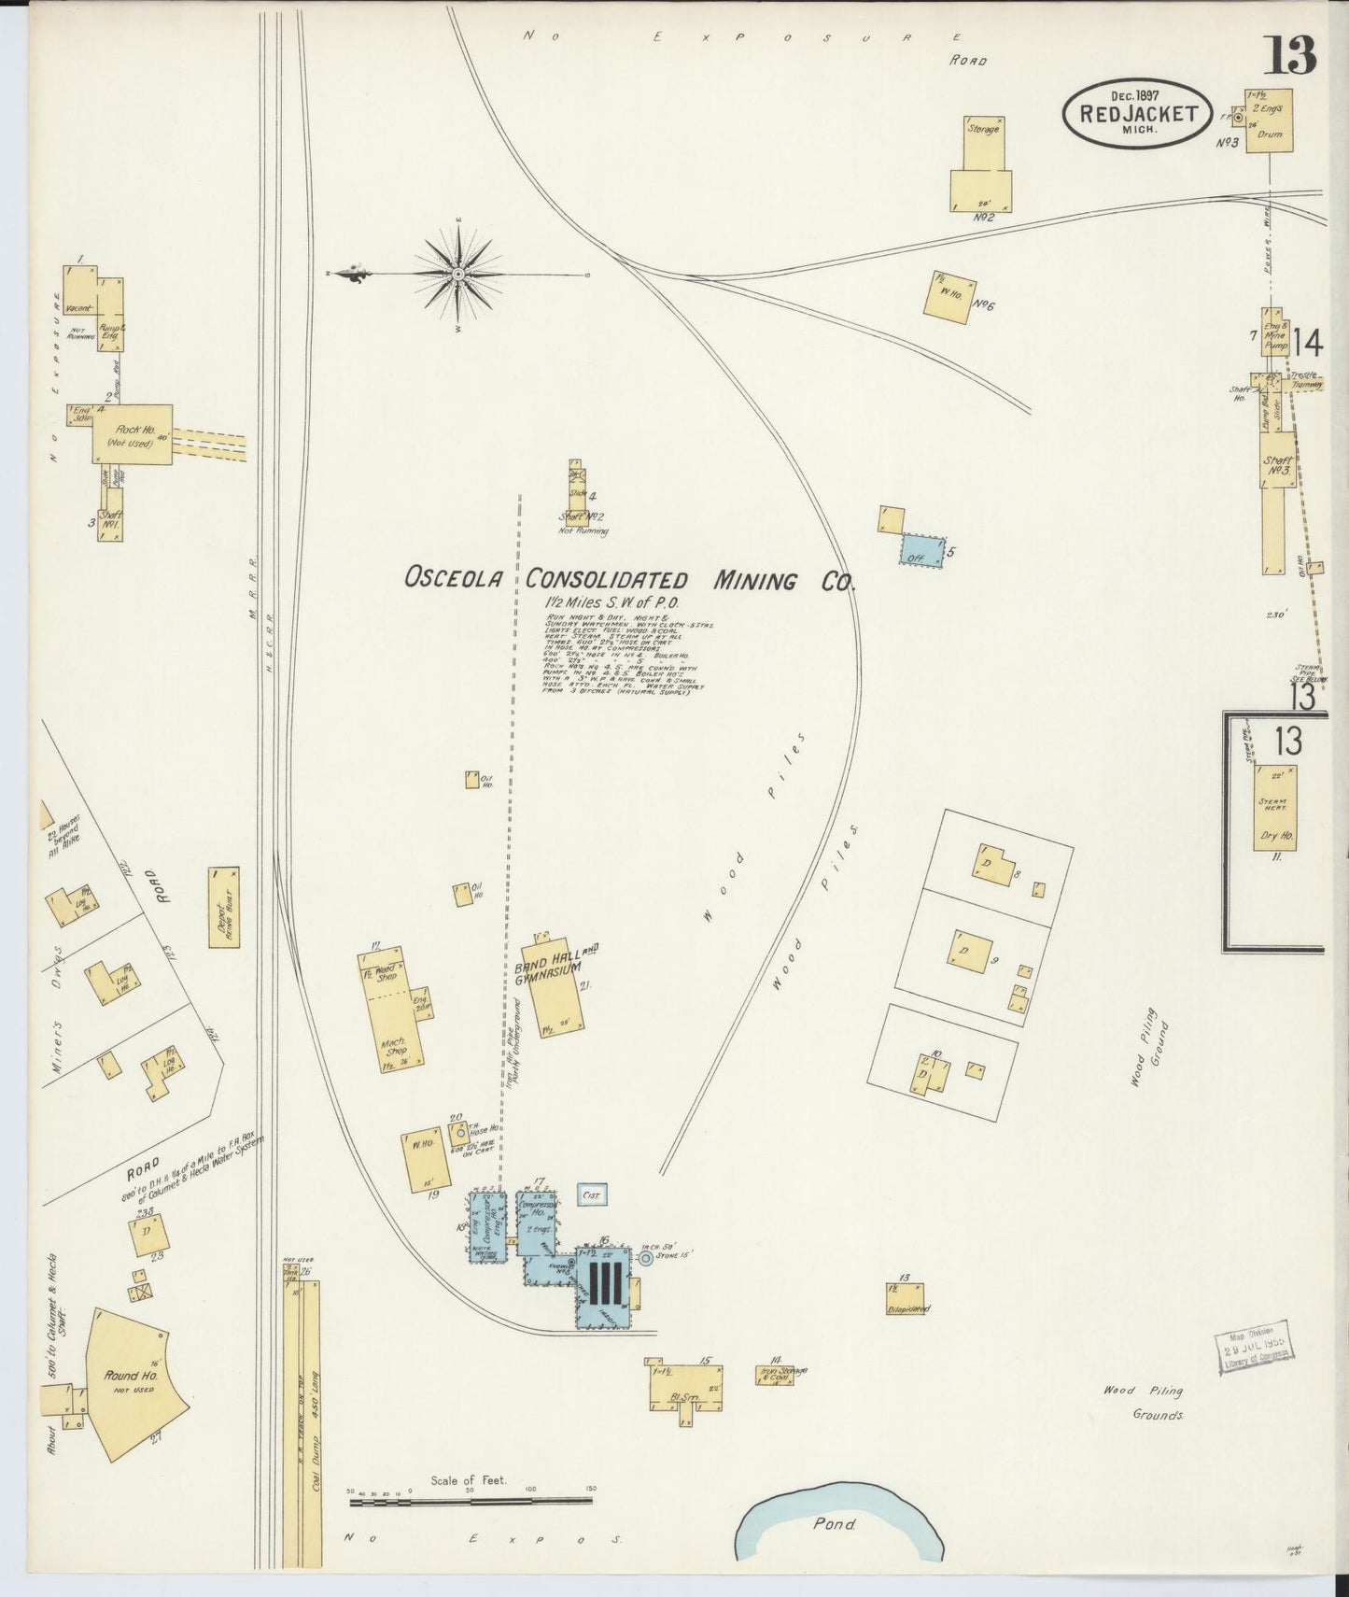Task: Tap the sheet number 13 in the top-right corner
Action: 1290,57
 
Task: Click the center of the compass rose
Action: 458,275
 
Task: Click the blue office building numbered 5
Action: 920,550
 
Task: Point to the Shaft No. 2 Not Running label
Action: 583,523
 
